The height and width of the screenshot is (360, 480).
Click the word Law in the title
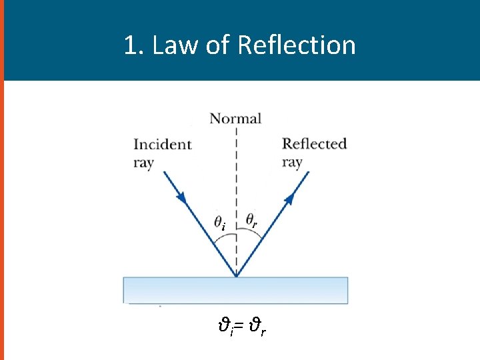[x=171, y=45]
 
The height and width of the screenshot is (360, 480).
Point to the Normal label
[x=235, y=119]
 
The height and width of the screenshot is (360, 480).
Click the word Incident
[x=162, y=145]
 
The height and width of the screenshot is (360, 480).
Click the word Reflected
[x=314, y=144]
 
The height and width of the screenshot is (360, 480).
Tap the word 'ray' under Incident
[x=143, y=162]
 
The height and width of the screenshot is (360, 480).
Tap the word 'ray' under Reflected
[x=292, y=162]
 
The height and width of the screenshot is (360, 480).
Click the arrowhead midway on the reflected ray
[x=291, y=198]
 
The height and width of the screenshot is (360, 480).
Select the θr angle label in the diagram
[x=252, y=219]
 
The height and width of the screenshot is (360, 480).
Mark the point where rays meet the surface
[x=236, y=276]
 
